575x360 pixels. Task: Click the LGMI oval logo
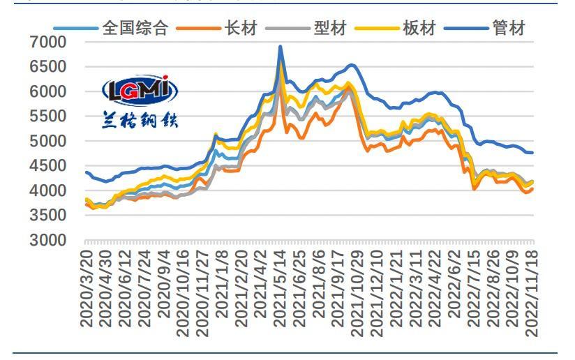pyautogui.click(x=140, y=90)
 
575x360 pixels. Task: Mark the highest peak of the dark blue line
pyautogui.click(x=281, y=47)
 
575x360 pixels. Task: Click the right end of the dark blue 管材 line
pyautogui.click(x=533, y=153)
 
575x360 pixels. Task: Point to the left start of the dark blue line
pyautogui.click(x=86, y=172)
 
